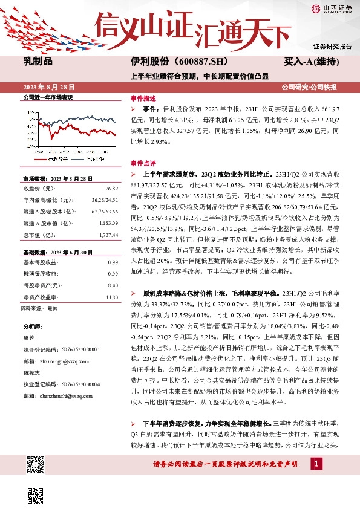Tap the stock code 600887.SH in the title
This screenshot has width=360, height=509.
(186, 62)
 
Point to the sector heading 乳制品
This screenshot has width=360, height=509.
(38, 62)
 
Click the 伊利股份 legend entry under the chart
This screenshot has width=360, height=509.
(56, 159)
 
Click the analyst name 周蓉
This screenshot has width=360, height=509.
(29, 338)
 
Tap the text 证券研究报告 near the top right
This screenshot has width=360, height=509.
(332, 46)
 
